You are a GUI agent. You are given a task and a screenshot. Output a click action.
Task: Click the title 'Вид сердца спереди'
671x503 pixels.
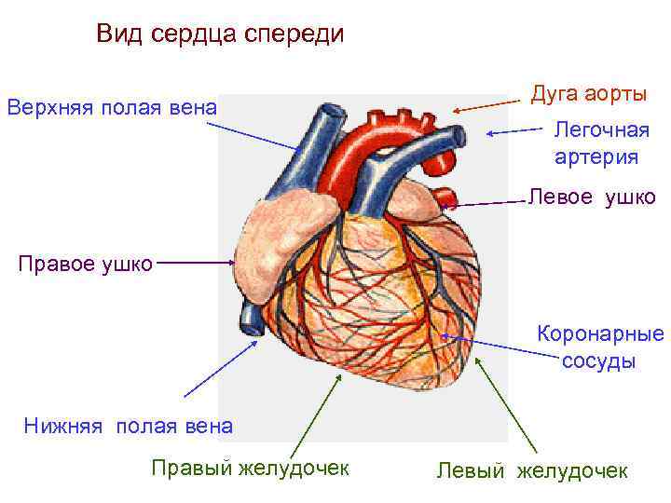click(221, 34)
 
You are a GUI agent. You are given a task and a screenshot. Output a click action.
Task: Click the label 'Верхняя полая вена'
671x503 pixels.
click(112, 108)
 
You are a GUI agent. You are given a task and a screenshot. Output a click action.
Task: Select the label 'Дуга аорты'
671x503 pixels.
click(588, 94)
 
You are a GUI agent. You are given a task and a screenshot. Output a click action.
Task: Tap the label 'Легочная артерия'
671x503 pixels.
click(596, 143)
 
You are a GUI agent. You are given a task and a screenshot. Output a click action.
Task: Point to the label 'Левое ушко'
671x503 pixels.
click(592, 197)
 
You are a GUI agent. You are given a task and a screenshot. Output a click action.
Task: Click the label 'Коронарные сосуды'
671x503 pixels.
click(599, 347)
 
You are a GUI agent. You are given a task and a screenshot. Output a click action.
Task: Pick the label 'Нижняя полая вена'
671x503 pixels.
click(129, 427)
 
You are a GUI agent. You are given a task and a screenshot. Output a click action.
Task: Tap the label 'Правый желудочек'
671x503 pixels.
click(251, 468)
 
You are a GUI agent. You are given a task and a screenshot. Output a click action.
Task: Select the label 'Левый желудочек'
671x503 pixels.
click(532, 471)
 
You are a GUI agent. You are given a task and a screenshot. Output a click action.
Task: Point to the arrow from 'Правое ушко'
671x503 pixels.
click(197, 263)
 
